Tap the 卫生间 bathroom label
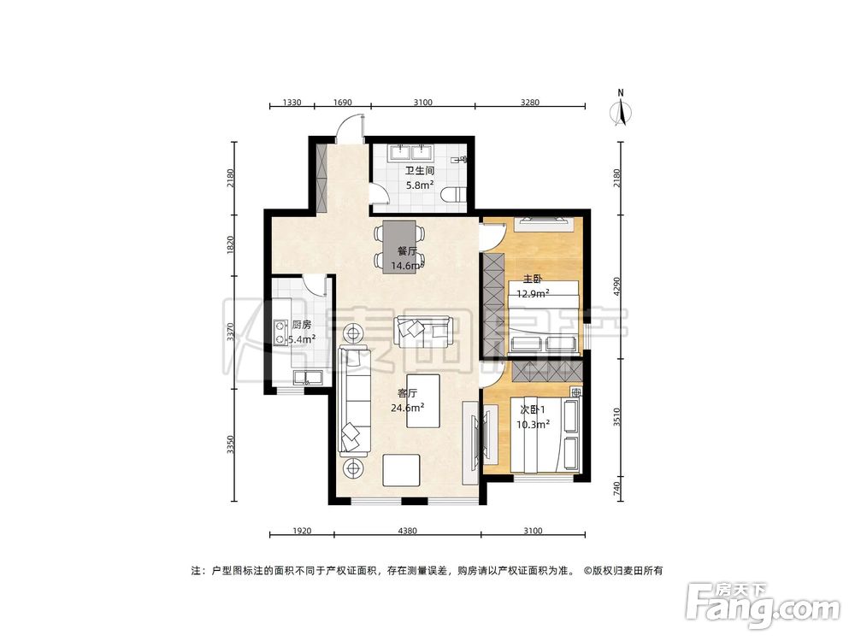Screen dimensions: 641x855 click(x=414, y=170)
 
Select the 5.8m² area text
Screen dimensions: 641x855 click(x=414, y=185)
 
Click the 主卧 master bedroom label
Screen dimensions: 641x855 click(x=532, y=279)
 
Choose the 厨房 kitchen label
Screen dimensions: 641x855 click(x=302, y=325)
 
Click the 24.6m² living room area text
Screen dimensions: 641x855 click(x=407, y=408)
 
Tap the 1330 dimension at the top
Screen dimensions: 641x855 click(x=292, y=103)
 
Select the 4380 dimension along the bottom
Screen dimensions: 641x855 click(x=407, y=531)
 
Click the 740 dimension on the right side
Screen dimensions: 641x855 click(x=616, y=489)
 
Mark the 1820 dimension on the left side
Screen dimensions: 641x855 click(x=231, y=244)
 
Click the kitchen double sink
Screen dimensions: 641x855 click(x=306, y=377)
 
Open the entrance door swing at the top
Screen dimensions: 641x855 click(x=348, y=131)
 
